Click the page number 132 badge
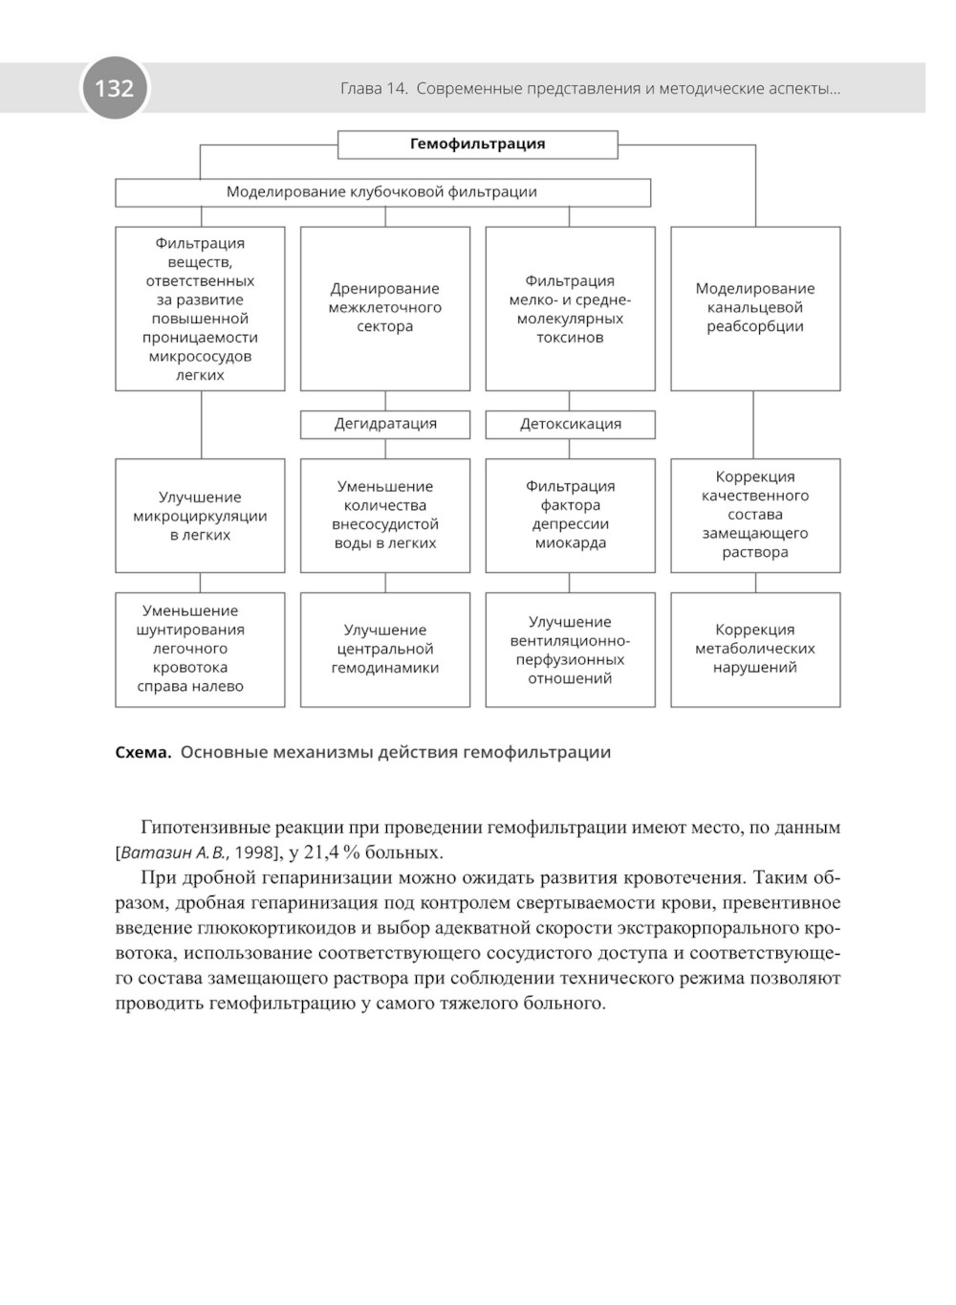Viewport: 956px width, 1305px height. (114, 88)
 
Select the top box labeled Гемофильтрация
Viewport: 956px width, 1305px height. (477, 144)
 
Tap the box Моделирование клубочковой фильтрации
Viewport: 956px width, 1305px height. (382, 192)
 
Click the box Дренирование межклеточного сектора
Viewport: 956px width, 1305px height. (385, 308)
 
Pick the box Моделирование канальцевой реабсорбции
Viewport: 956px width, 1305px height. (755, 308)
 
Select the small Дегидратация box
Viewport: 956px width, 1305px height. (385, 424)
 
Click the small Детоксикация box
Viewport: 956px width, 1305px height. (570, 424)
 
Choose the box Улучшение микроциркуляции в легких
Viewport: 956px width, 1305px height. (200, 516)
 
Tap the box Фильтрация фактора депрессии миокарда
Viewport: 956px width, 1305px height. (570, 515)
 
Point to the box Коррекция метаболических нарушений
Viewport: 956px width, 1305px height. (755, 649)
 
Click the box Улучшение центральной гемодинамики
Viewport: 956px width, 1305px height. (385, 649)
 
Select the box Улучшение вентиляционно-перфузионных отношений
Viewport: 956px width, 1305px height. (570, 650)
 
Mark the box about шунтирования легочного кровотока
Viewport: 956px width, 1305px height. (200, 649)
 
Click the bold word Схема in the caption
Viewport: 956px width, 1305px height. (142, 752)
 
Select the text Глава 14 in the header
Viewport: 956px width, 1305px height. (374, 89)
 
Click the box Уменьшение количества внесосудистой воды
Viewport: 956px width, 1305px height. (385, 515)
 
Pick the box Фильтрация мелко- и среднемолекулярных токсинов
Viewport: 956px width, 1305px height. (570, 308)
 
